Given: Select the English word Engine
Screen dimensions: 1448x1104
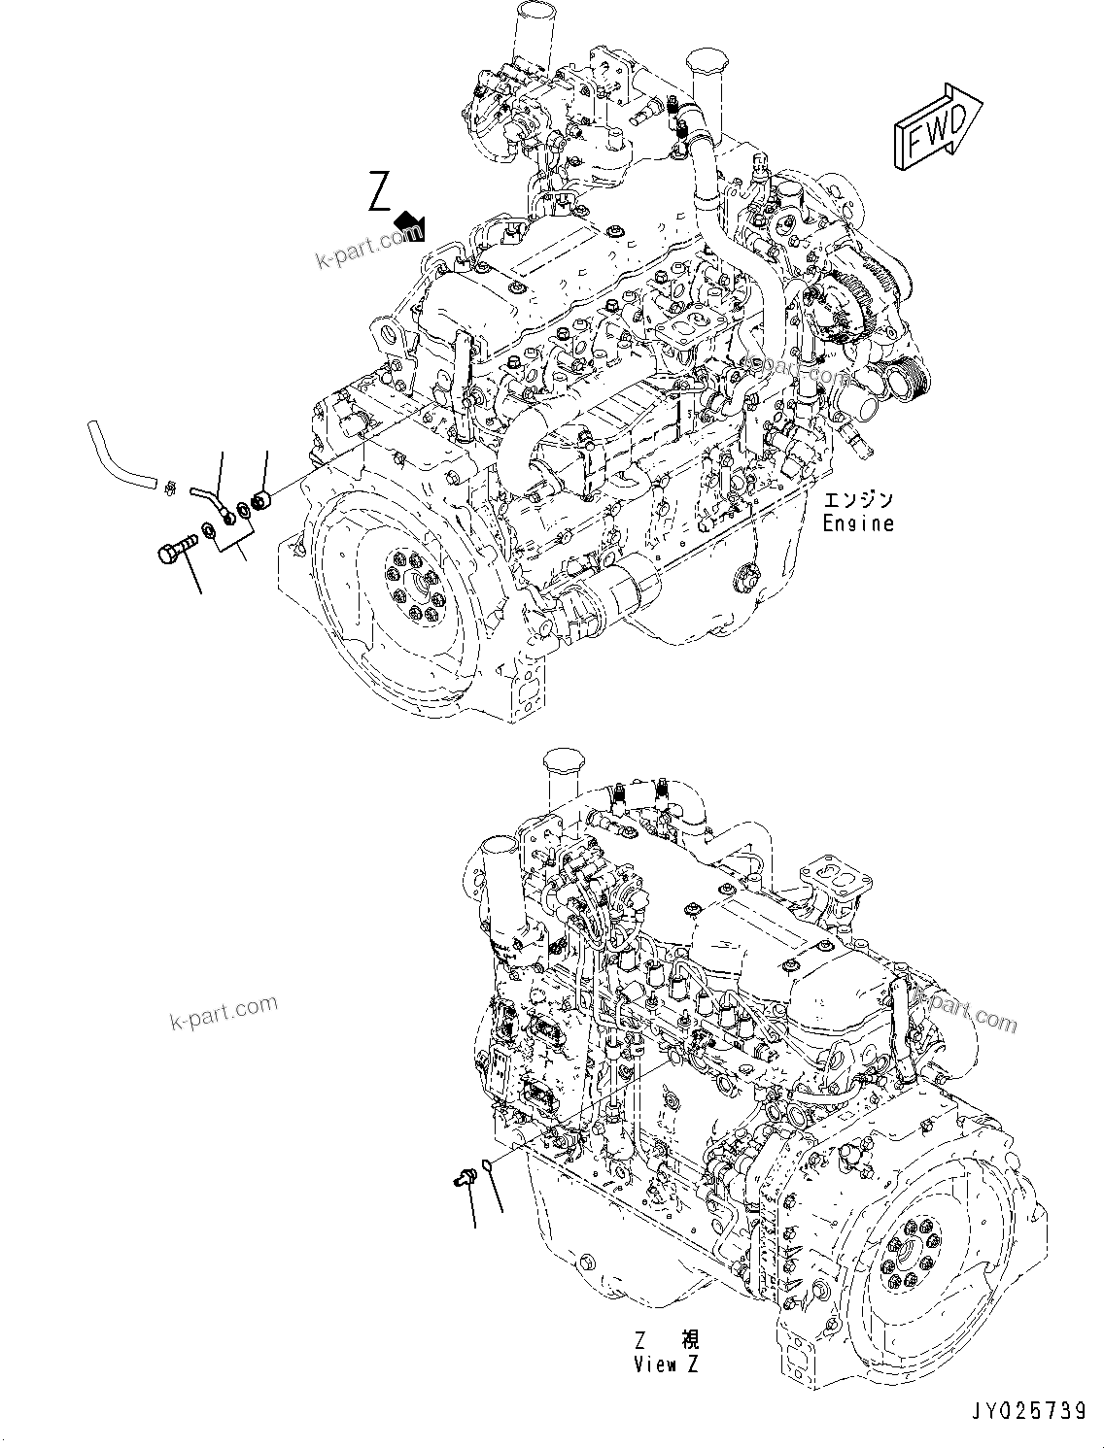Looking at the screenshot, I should [x=857, y=523].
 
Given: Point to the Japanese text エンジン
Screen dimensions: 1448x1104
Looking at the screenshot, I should [x=858, y=501].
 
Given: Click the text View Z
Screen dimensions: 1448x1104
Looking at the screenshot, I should [x=668, y=1364].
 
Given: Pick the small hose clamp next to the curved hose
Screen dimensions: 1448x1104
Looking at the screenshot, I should [x=169, y=486].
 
